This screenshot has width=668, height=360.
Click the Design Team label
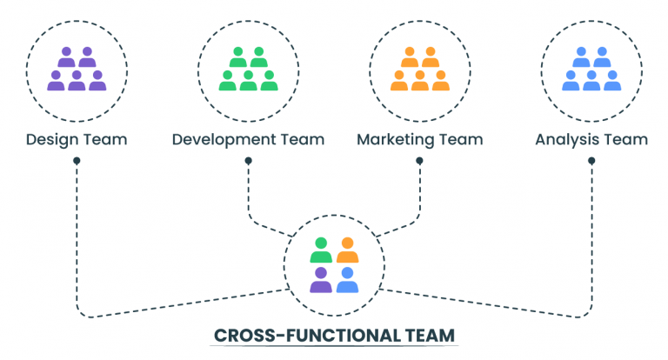(77, 139)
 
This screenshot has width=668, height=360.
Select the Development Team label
(248, 139)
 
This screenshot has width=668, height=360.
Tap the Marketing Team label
(419, 139)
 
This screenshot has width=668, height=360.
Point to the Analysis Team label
(591, 139)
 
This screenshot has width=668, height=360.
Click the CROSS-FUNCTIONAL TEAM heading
(334, 335)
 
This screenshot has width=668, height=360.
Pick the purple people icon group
(77, 70)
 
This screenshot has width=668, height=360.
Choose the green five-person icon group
(248, 70)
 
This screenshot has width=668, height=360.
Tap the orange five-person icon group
(419, 70)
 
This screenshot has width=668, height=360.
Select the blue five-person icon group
(591, 70)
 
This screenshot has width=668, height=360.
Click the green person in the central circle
(321, 250)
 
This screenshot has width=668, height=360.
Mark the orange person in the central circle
(347, 250)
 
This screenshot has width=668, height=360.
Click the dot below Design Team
(77, 161)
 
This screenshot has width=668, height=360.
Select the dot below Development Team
(248, 161)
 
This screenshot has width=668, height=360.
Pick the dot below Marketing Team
(419, 161)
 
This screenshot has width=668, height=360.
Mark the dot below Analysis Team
(591, 161)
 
